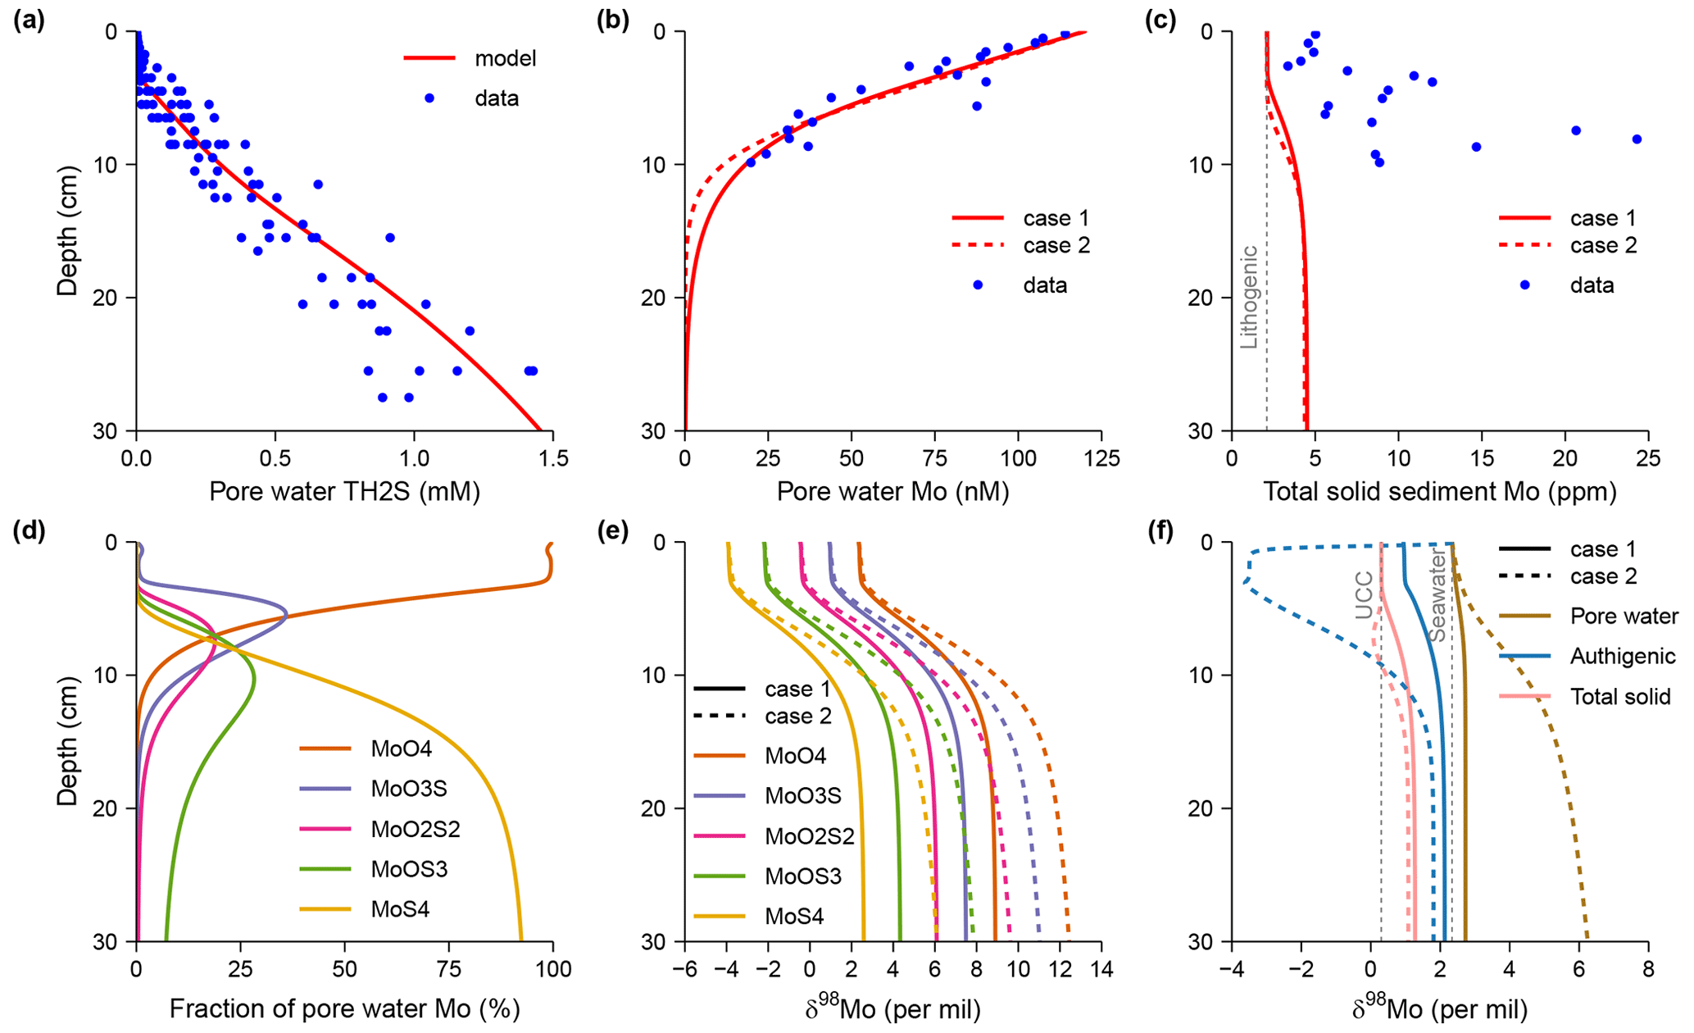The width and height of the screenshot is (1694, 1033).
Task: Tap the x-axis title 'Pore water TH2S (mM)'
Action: (344, 492)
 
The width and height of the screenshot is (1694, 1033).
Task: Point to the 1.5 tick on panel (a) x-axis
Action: (553, 458)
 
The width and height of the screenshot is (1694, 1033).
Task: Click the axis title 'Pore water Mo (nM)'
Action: (892, 492)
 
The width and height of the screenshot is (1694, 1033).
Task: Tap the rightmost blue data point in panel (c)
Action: (1637, 139)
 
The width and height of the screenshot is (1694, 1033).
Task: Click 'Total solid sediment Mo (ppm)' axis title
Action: (1440, 492)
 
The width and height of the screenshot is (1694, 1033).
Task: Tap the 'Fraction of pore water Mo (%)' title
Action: (344, 1009)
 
